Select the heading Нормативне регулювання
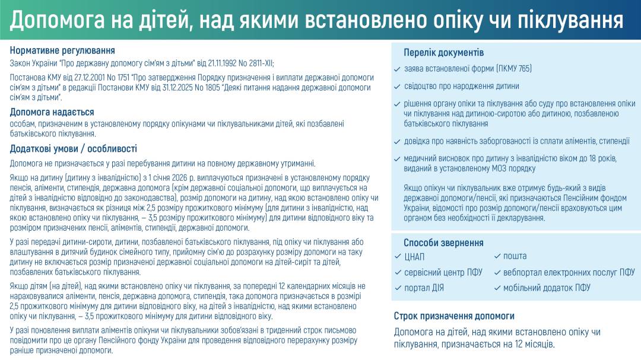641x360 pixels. [x=62, y=50]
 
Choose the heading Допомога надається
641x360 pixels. [x=52, y=112]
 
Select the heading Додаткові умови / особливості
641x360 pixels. [x=74, y=149]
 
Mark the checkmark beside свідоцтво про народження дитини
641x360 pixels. [x=397, y=87]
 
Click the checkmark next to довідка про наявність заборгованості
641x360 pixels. [x=397, y=142]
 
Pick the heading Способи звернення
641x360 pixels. [x=443, y=243]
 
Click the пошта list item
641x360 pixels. [x=515, y=256]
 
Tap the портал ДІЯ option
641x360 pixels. [x=424, y=288]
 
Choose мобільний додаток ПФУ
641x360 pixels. [x=547, y=288]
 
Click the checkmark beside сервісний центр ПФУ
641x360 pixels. [x=398, y=272]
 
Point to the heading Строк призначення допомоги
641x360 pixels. [x=454, y=316]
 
